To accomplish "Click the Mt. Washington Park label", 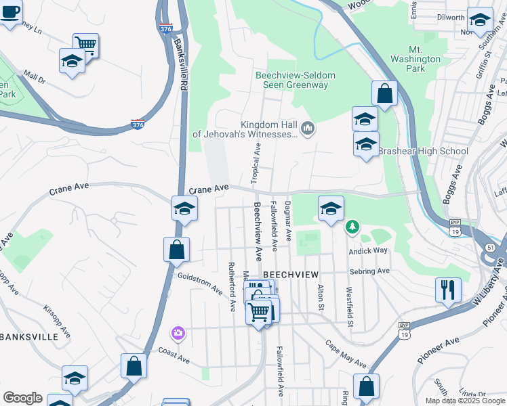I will (425, 59).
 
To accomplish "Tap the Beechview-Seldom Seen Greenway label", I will (291, 80).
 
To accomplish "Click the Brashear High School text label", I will (423, 152).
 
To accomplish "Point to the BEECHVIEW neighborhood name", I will (290, 274).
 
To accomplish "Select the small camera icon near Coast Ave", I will (178, 332).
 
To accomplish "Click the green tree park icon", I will (352, 226).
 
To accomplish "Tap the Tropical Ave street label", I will (256, 162).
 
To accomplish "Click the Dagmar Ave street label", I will (288, 221).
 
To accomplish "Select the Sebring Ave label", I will (369, 271).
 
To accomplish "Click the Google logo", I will (22, 398).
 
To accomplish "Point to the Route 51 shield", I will (489, 248).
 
